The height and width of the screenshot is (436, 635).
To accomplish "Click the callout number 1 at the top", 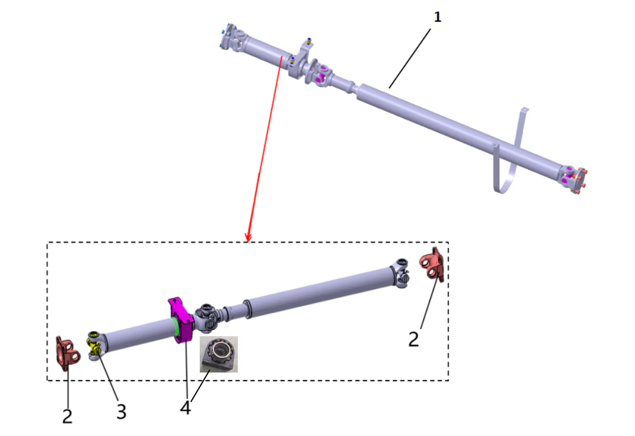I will (437, 17).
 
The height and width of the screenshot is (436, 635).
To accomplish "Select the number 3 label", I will (121, 412).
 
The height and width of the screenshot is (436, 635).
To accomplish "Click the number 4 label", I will (186, 408).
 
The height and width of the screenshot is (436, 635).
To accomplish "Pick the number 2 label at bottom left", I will (68, 416).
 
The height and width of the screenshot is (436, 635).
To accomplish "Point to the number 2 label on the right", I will (414, 339).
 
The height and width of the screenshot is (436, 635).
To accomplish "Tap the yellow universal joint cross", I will (94, 345).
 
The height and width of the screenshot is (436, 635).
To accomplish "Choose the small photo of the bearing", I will (218, 354).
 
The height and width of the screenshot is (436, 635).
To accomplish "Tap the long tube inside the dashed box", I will (318, 293).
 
